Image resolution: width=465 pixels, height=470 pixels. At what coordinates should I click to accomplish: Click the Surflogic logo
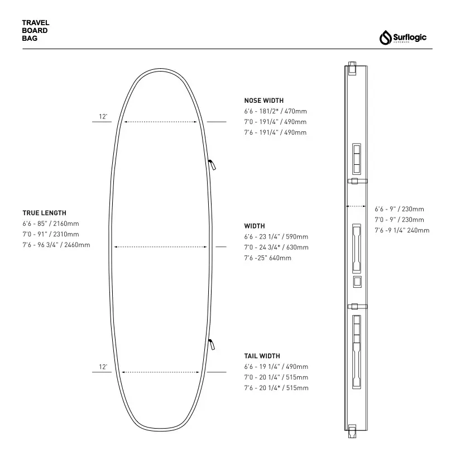403,38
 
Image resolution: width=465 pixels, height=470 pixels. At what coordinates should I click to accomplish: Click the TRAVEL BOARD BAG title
36,31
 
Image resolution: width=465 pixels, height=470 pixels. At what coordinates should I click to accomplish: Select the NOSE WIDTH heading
264,101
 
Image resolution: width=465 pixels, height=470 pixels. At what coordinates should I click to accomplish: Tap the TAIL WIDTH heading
262,356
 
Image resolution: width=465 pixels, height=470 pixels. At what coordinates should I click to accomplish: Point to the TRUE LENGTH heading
44,213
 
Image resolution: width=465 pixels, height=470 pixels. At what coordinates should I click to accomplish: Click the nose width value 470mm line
275,111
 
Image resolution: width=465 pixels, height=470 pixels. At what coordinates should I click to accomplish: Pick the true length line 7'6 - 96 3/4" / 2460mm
56,245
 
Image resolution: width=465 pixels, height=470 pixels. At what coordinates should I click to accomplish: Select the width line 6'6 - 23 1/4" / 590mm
276,237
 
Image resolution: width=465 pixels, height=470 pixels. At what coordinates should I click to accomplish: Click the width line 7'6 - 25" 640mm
267,258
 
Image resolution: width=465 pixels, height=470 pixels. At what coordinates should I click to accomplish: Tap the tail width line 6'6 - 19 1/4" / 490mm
276,367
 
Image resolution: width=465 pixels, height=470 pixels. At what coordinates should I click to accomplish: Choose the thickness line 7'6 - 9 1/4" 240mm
401,230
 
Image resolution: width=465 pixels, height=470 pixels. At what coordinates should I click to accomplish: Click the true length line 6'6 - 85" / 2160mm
50,224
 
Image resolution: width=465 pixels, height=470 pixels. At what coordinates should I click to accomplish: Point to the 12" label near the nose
103,117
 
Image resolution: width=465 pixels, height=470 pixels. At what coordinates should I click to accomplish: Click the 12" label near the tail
103,367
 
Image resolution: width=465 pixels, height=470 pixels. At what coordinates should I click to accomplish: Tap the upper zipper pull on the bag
212,164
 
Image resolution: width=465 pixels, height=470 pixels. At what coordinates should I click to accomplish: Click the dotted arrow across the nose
161,121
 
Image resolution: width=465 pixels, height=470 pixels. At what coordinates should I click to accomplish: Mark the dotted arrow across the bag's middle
161,246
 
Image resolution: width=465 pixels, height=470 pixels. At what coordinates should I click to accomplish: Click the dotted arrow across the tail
161,372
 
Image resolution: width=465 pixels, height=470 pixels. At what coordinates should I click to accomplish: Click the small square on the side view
357,282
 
